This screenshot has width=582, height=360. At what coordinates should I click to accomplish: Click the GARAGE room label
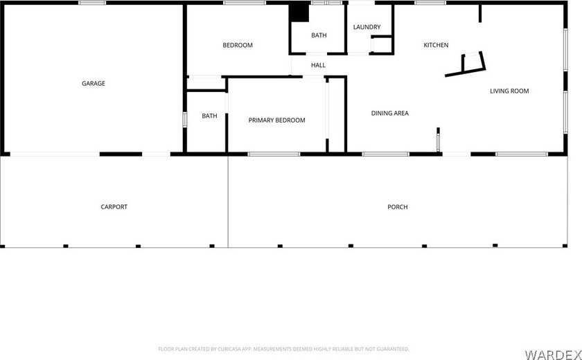[x=94, y=84]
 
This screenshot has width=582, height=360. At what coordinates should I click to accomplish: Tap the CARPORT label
[x=114, y=207]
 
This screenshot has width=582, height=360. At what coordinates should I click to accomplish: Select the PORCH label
[x=398, y=207]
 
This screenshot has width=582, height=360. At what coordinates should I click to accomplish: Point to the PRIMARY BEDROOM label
[x=276, y=120]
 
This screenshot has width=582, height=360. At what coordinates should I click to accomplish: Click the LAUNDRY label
[x=367, y=27]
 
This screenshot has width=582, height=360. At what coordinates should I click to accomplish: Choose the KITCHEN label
[x=436, y=46]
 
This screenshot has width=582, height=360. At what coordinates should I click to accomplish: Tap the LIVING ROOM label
[x=509, y=91]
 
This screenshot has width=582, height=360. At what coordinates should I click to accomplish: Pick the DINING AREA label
[x=389, y=113]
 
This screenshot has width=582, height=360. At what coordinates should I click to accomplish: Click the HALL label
[x=318, y=65]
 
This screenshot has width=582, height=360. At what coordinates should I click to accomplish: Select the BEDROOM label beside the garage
[x=237, y=46]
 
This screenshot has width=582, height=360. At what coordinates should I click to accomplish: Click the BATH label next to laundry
[x=319, y=35]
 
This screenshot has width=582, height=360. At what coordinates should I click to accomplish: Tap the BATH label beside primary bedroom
[x=209, y=116]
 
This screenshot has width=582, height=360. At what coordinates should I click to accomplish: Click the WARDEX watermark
[x=551, y=354]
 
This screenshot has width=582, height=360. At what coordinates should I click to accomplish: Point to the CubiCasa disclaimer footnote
[x=283, y=349]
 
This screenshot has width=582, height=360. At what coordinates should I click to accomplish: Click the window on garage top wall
[x=92, y=3]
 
